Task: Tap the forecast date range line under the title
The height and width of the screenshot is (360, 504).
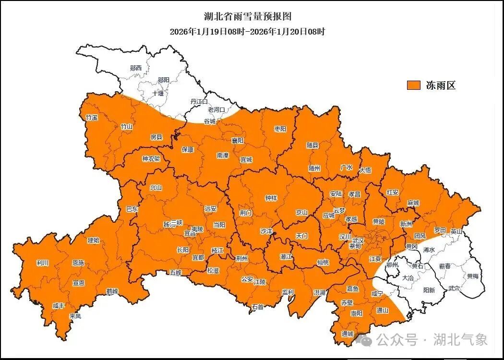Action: [248, 32]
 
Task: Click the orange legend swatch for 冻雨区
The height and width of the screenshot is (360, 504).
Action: [413, 85]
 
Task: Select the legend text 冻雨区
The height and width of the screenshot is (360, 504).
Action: [440, 85]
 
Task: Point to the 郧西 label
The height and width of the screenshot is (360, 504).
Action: [136, 68]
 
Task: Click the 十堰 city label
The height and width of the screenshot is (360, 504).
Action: [158, 94]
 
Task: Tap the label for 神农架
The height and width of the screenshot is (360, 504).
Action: [150, 159]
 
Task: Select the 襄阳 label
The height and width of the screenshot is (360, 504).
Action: [238, 140]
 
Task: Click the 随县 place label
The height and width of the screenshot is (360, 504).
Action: [312, 144]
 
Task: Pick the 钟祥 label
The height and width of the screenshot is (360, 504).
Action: [271, 198]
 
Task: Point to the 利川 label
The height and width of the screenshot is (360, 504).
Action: [42, 263]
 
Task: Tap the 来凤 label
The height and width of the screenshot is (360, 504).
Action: [75, 316]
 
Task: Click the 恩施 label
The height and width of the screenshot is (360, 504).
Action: [78, 263]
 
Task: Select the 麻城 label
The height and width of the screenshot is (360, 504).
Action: [413, 203]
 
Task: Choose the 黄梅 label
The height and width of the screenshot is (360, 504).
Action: [472, 276]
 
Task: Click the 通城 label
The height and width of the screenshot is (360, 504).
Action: [348, 334]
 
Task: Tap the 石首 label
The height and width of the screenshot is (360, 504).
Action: [257, 307]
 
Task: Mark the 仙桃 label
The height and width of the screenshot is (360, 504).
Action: [323, 263]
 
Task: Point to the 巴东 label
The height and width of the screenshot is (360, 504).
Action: [132, 209]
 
